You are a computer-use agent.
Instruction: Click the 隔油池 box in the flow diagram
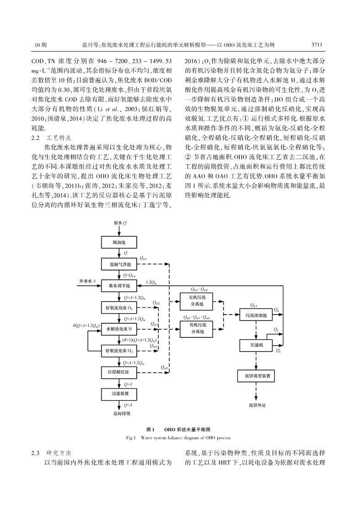click(x=120, y=242)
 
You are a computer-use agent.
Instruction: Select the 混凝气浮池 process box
click(x=120, y=264)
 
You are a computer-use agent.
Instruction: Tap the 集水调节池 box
click(x=120, y=286)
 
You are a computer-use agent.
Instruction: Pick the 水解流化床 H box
click(x=120, y=329)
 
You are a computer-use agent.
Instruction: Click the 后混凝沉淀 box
click(x=120, y=372)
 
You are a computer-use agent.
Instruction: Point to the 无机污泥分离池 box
click(x=197, y=301)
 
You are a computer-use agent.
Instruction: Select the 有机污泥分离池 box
click(x=197, y=329)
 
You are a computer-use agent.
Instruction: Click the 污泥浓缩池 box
click(x=256, y=315)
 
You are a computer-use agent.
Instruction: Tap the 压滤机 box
click(x=256, y=345)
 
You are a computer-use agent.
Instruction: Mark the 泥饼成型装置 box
click(x=256, y=376)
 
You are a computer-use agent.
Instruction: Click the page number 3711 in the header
click(x=317, y=45)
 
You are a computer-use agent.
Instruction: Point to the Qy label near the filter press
click(x=276, y=330)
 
